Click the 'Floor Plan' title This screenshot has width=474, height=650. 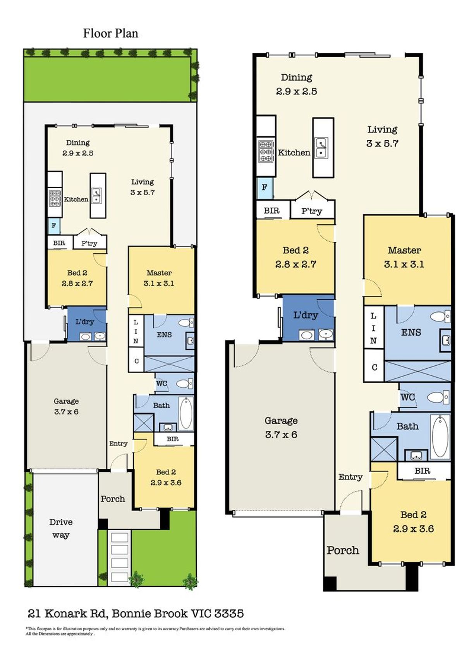110,33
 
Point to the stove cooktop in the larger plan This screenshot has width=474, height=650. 266,151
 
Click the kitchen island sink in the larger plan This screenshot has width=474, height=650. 322,148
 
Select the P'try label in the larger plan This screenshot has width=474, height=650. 312,211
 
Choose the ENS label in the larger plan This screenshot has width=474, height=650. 411,332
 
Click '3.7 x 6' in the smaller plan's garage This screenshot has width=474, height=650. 66,412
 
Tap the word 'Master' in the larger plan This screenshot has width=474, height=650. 404,250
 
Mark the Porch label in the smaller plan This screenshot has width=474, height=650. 113,499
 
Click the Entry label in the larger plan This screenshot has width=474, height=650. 350,477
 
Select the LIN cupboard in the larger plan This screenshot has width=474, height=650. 374,328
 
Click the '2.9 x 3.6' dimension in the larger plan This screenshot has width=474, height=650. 413,528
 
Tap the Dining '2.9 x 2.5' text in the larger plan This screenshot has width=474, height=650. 297,91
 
